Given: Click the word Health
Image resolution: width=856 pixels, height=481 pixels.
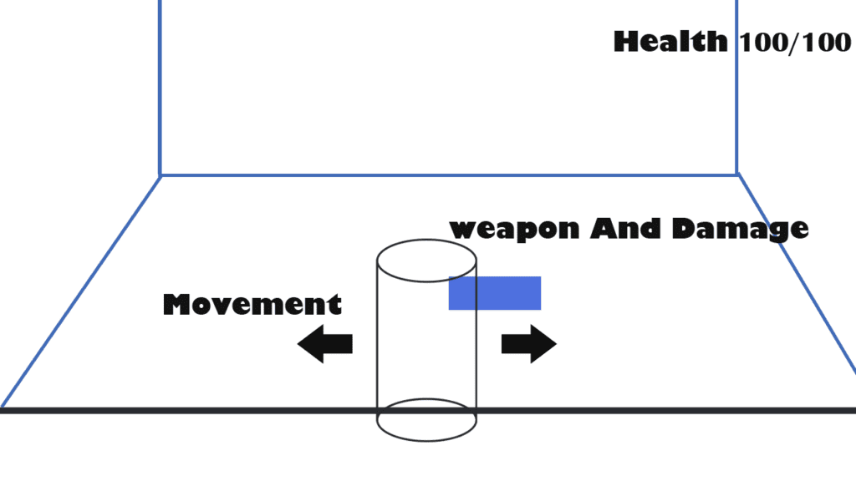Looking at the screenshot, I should point(670,41).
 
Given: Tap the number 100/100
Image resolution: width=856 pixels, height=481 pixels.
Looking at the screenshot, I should point(794,43).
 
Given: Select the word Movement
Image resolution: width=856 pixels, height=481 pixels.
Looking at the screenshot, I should point(252,304).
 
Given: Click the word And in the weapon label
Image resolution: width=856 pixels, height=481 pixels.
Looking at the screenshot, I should point(619,228).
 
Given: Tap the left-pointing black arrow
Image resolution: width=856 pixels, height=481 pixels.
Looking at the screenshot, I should point(324,344).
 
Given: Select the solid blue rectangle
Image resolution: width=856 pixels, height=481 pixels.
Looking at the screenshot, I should point(495,293).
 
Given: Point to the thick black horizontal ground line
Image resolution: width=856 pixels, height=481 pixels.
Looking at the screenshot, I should point(209,410).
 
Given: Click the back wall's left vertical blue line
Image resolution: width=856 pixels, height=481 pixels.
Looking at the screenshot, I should point(160,84).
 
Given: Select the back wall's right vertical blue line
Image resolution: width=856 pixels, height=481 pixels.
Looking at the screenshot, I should point(736,84).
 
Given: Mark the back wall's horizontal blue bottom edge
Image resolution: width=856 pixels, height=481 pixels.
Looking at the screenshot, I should point(448,175).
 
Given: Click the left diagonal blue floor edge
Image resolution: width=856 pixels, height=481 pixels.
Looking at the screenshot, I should point(80,291).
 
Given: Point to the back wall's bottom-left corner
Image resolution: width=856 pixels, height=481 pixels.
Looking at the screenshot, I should point(160,175).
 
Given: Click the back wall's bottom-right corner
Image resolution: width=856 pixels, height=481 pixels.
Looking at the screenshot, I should point(736,174).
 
